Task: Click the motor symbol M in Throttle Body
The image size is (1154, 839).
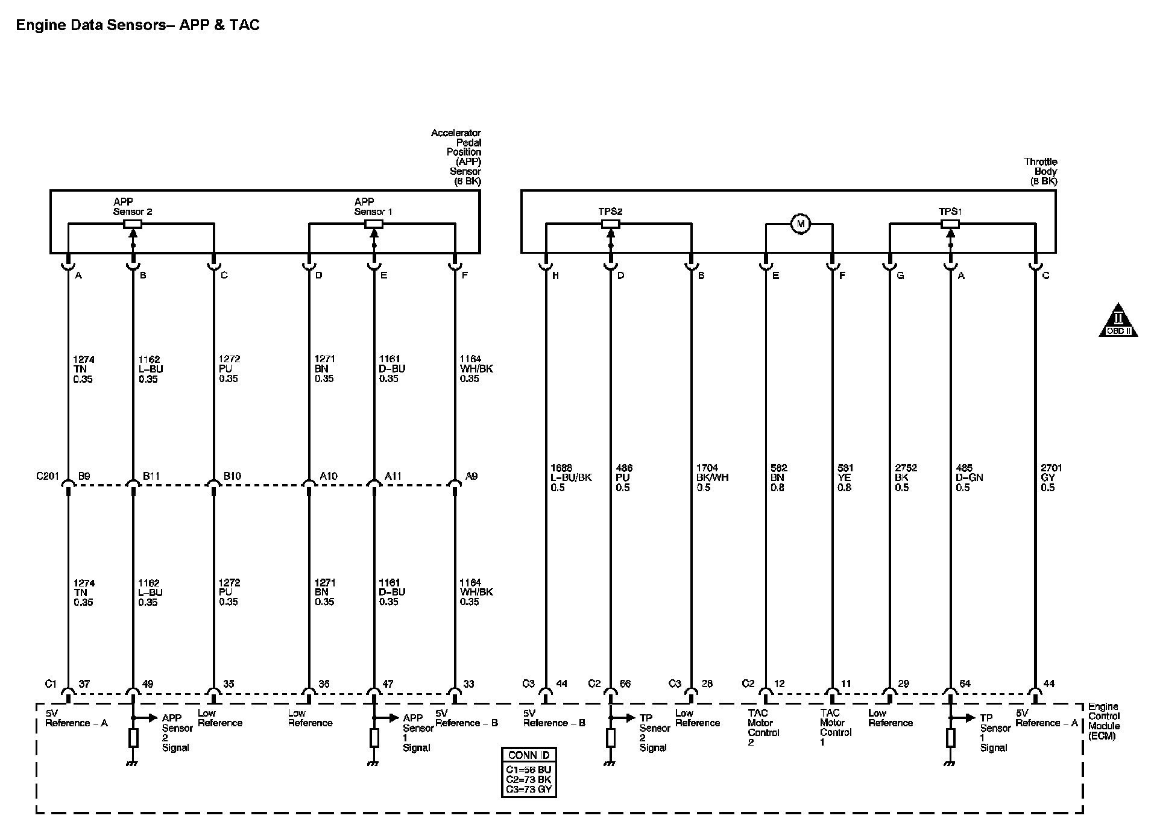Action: pyautogui.click(x=801, y=224)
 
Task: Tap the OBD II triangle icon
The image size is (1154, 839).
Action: pyautogui.click(x=1118, y=321)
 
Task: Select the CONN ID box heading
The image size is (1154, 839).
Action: pyautogui.click(x=529, y=755)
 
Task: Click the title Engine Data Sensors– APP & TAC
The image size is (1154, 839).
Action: pyautogui.click(x=137, y=25)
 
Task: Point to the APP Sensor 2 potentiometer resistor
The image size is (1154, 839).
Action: pyautogui.click(x=133, y=224)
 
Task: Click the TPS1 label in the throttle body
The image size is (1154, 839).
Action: pyautogui.click(x=950, y=212)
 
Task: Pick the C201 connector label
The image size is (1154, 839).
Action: pyautogui.click(x=47, y=476)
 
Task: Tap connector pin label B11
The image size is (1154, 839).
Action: pyautogui.click(x=151, y=476)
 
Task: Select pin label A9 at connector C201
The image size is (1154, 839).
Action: pyautogui.click(x=471, y=476)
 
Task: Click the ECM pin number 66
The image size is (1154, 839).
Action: pyautogui.click(x=625, y=683)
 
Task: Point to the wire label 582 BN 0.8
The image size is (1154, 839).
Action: pyautogui.click(x=778, y=477)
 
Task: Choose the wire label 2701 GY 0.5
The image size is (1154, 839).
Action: pyautogui.click(x=1051, y=477)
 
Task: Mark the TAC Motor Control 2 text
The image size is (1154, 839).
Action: pyautogui.click(x=763, y=727)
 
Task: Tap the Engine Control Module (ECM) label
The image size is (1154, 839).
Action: pyautogui.click(x=1103, y=721)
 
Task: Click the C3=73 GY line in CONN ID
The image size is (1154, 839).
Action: pyautogui.click(x=529, y=789)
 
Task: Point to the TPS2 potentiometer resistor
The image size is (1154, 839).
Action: pyautogui.click(x=610, y=224)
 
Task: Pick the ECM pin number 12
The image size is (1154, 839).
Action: pyautogui.click(x=779, y=683)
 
